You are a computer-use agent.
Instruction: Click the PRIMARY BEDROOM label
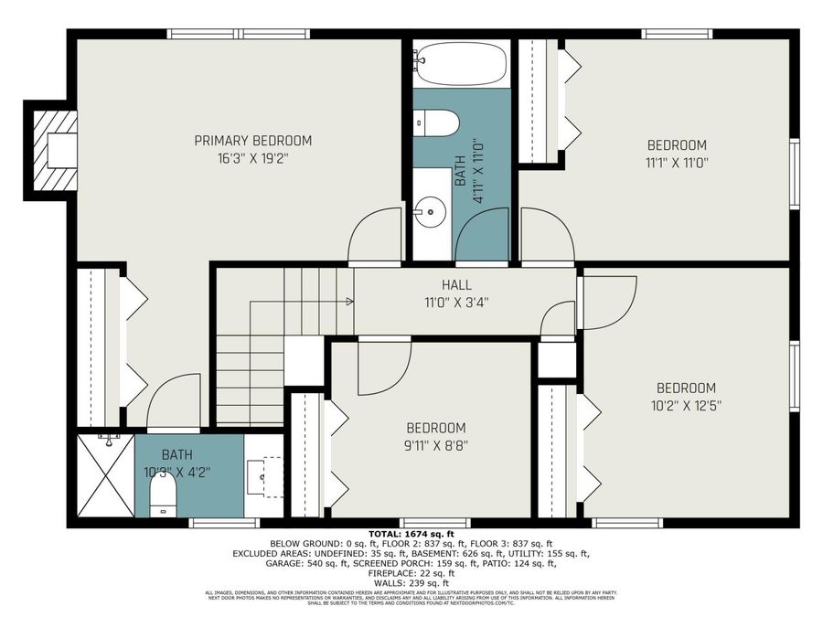click(252, 141)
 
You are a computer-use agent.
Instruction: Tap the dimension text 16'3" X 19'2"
click(252, 157)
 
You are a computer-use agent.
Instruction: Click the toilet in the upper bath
click(435, 123)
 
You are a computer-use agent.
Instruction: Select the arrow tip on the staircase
click(351, 300)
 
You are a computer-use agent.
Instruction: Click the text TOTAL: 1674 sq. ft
click(411, 533)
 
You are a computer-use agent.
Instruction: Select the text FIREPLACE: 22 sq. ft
click(411, 573)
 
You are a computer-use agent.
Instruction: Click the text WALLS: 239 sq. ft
click(411, 582)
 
